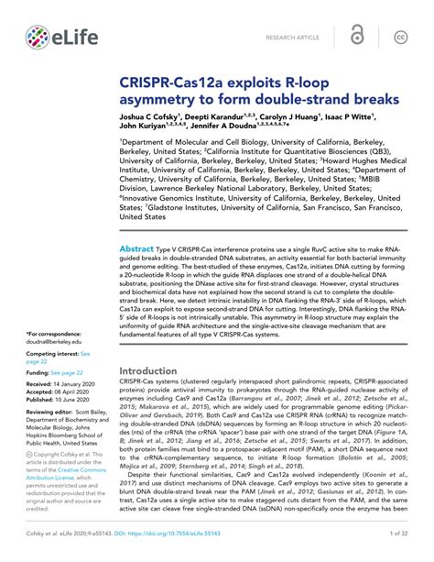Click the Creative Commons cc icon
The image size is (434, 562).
pos(400,37)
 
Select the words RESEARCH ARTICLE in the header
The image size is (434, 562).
pos(294,38)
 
